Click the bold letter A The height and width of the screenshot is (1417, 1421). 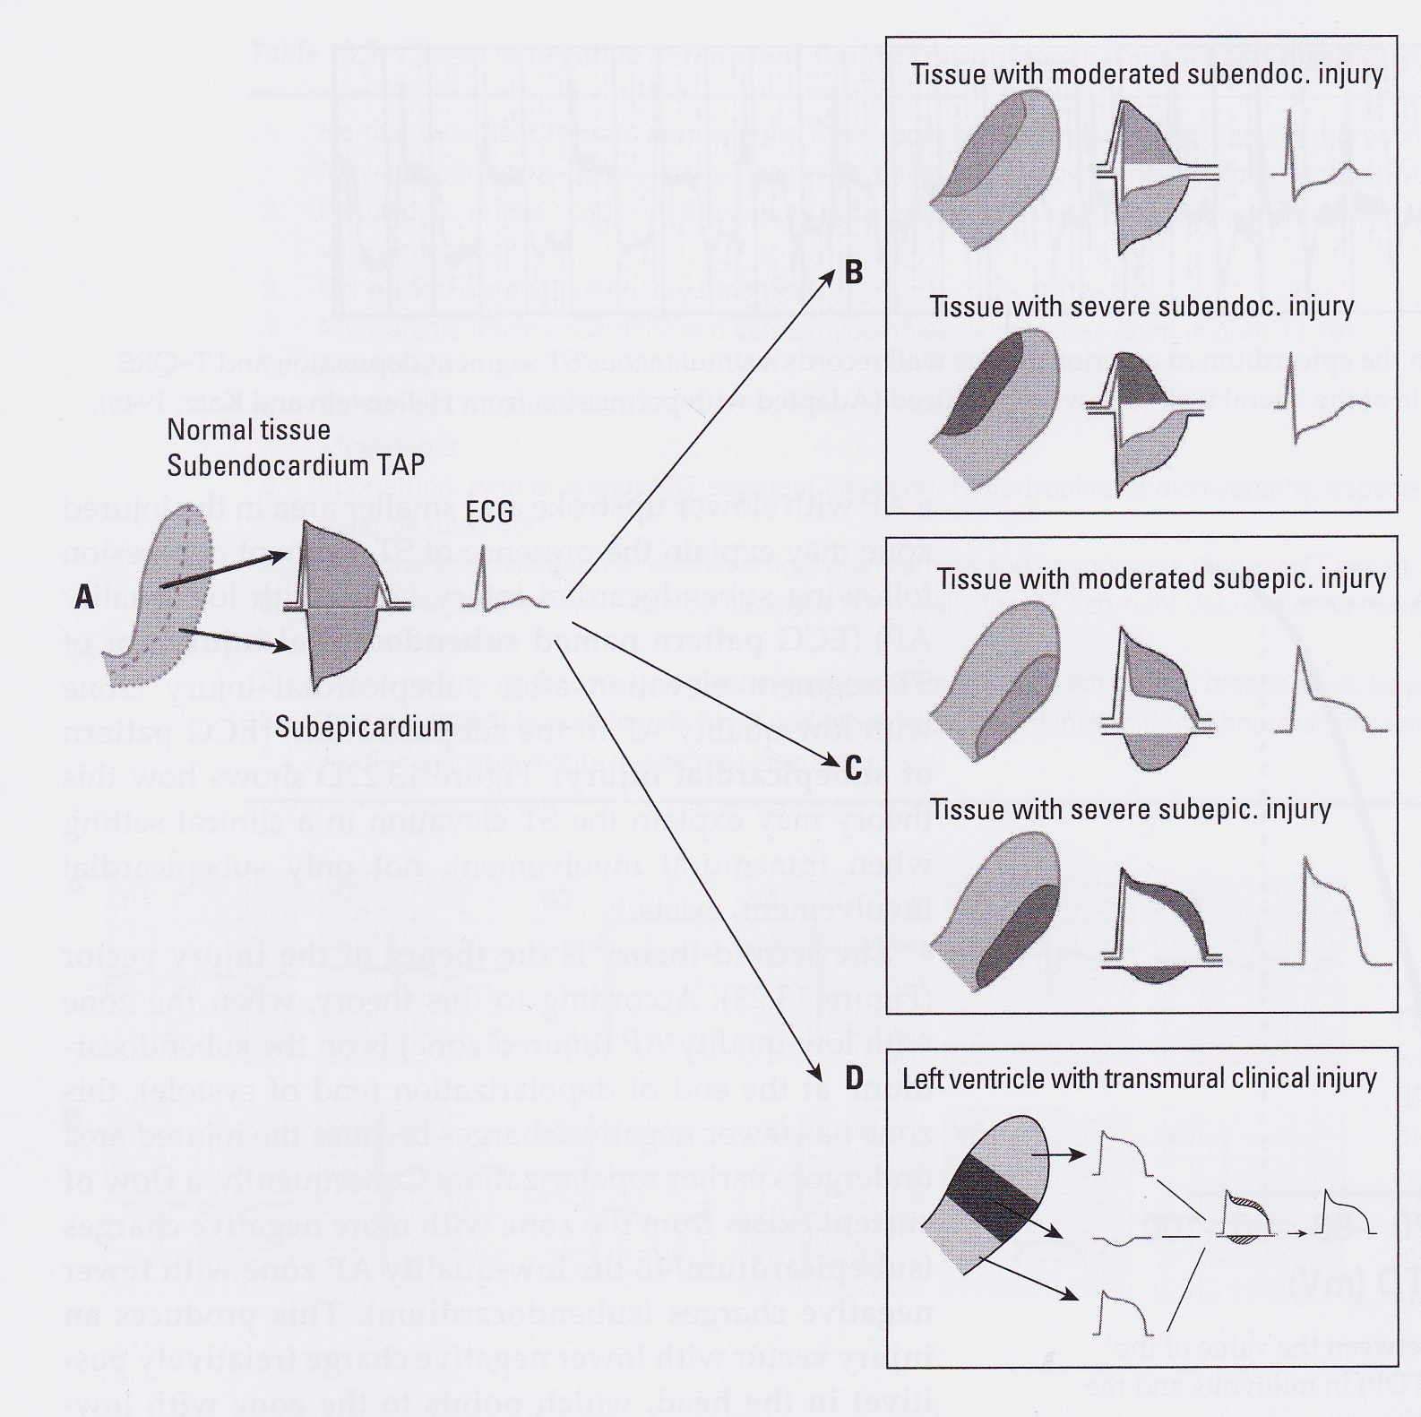84,597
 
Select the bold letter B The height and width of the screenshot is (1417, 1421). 854,272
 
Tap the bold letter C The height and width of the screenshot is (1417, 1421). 854,768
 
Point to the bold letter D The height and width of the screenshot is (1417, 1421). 854,1078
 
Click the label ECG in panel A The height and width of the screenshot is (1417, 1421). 489,513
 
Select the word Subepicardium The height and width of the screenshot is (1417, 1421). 364,727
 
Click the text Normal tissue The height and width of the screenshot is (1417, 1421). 248,430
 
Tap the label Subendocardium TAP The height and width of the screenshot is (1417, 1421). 296,466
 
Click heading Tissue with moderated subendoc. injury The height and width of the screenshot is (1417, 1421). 1147,74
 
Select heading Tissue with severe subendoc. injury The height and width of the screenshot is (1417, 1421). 1141,307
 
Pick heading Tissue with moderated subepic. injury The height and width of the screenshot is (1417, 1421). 1161,580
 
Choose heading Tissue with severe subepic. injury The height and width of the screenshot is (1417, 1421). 1131,810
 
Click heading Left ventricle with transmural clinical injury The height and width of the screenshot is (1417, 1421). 1139,1079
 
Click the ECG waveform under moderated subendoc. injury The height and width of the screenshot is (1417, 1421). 1321,161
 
